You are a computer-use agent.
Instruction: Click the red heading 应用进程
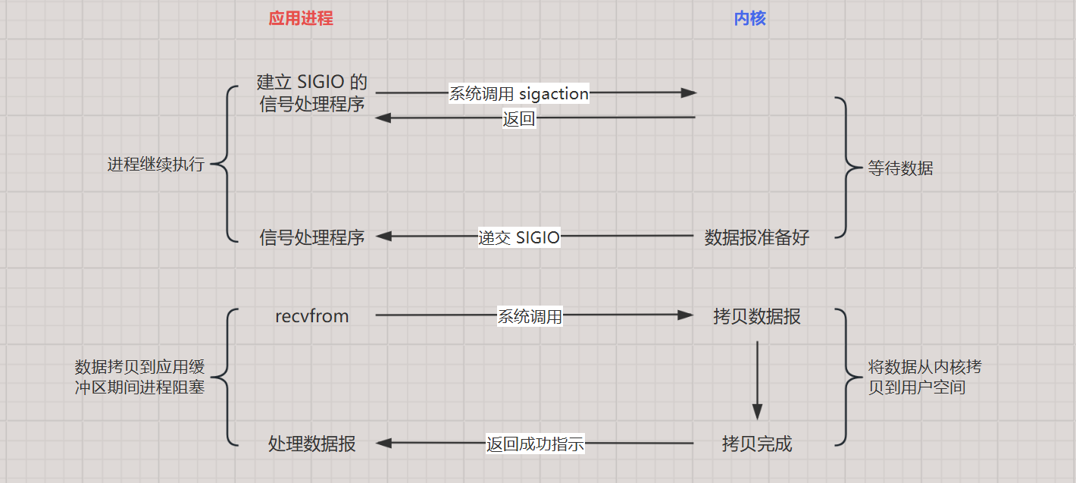[x=301, y=19]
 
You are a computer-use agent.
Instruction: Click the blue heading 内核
[x=749, y=19]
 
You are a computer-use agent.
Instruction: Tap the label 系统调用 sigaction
[x=519, y=94]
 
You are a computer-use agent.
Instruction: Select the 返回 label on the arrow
[x=519, y=119]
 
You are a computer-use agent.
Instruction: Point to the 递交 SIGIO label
[x=519, y=237]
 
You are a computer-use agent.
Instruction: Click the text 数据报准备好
[x=756, y=237]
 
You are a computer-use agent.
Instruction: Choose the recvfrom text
[x=312, y=316]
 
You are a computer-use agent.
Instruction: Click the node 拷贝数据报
[x=756, y=316]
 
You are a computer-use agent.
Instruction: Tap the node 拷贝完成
[x=756, y=444]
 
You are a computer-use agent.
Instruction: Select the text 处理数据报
[x=312, y=444]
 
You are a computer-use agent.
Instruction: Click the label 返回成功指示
[x=535, y=444]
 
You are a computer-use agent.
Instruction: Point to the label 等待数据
[x=900, y=168]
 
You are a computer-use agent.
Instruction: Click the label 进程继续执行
[x=156, y=164]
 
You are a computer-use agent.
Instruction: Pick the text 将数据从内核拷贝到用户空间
[x=924, y=378]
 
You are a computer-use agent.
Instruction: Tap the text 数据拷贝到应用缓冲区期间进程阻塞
[x=140, y=378]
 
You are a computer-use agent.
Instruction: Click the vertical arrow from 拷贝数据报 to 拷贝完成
[x=756, y=379]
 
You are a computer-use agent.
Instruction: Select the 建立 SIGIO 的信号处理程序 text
[x=312, y=93]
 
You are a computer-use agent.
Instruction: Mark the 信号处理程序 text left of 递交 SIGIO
[x=312, y=237]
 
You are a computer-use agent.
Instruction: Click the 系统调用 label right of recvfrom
[x=530, y=317]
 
